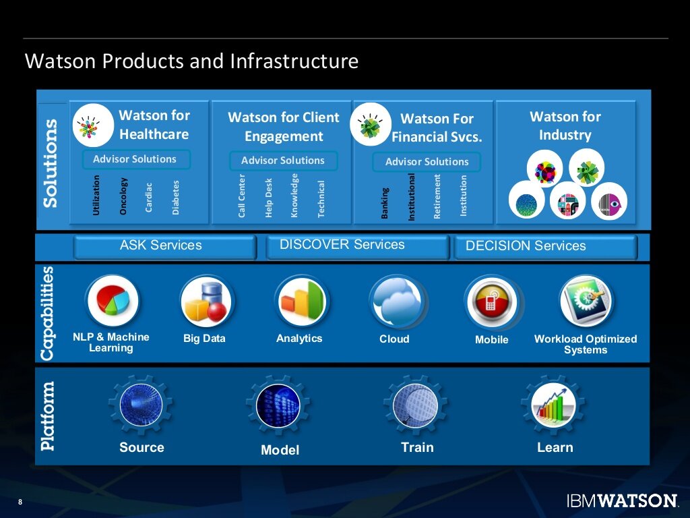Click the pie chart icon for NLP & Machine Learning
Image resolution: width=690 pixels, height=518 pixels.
tap(112, 301)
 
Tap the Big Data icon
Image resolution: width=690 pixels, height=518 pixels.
tap(206, 301)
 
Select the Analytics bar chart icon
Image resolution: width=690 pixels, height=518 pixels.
tap(301, 301)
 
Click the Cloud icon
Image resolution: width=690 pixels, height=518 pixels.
tap(396, 301)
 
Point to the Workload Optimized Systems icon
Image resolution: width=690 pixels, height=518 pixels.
tap(586, 301)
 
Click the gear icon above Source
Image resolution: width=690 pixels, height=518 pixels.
tap(140, 405)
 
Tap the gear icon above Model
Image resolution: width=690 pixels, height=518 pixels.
tap(278, 405)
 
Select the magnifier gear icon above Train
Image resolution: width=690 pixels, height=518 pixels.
tap(416, 405)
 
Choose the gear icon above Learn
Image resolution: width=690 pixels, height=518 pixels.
tap(553, 405)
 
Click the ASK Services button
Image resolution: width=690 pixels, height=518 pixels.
tap(164, 246)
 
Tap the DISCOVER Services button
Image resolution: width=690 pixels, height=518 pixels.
tap(357, 246)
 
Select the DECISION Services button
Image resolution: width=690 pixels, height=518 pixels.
tap(544, 247)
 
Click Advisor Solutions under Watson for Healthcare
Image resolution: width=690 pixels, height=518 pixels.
tap(135, 159)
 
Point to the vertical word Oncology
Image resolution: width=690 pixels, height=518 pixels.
tap(123, 196)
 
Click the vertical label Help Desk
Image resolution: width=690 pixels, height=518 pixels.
tap(268, 198)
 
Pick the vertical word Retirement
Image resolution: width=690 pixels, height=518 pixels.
tap(437, 197)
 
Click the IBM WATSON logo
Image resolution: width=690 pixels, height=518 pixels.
tap(621, 500)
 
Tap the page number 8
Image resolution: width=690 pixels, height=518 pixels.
tap(20, 502)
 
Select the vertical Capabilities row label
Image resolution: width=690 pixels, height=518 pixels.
tap(47, 313)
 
